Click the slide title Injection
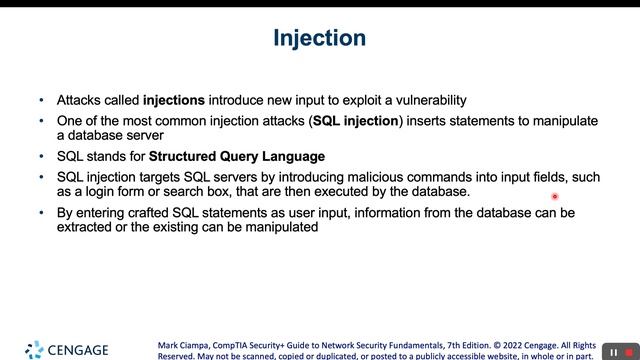(319, 39)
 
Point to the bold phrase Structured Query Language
(237, 156)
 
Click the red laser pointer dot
(554, 197)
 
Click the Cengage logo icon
(34, 349)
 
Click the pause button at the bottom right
(613, 352)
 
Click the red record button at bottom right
(628, 352)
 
